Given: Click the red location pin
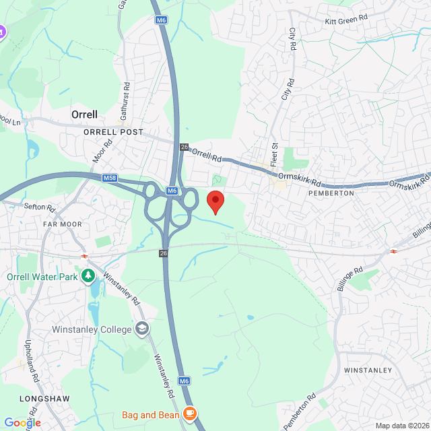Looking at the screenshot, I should click(x=215, y=201).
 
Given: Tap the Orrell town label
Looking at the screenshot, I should click(x=85, y=114).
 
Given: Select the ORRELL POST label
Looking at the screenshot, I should click(x=114, y=133).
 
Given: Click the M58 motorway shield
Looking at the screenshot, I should click(x=110, y=178).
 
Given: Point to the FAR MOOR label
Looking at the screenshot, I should click(x=62, y=224).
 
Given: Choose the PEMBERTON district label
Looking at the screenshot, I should click(x=331, y=193).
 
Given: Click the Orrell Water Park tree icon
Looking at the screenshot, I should click(x=88, y=276).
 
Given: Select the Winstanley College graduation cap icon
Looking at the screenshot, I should click(x=142, y=329).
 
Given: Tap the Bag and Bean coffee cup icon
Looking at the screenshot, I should click(x=190, y=413).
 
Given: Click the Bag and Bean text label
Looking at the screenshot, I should click(x=151, y=415).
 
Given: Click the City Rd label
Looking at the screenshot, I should click(x=292, y=40).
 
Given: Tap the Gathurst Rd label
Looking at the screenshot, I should click(x=125, y=102).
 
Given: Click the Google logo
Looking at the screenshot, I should click(x=22, y=422).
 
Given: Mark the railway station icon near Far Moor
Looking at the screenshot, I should click(x=85, y=256).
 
